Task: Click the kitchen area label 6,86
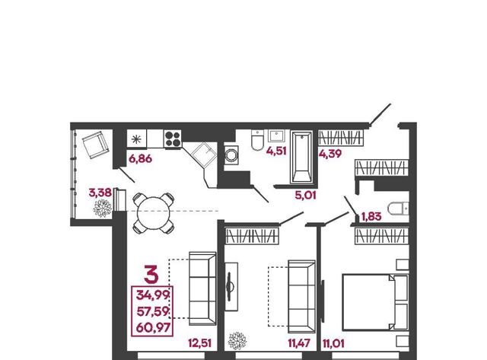click(140, 159)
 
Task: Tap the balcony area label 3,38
click(100, 193)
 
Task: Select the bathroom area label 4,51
click(276, 151)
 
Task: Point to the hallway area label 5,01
click(305, 196)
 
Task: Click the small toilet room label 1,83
click(371, 216)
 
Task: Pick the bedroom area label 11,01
click(333, 344)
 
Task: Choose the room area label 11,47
click(299, 343)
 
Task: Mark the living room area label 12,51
click(199, 343)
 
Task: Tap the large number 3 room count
click(151, 275)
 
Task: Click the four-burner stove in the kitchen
click(173, 139)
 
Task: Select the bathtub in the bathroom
click(301, 157)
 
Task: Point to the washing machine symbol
click(231, 155)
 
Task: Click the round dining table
click(154, 213)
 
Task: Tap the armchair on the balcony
click(96, 145)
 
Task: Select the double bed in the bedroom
click(375, 302)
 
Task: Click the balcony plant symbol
click(103, 208)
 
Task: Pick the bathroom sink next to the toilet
click(275, 136)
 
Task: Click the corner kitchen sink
click(203, 154)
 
